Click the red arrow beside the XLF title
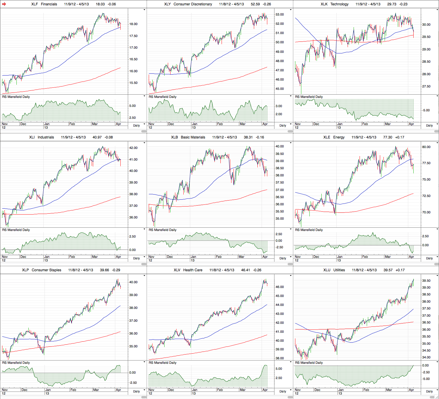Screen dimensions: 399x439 click(4, 4)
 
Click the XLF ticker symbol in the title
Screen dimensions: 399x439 click(35, 4)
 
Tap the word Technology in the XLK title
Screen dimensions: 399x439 click(339, 4)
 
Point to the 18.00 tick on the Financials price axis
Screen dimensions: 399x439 click(133, 24)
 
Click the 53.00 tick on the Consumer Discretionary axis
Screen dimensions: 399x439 click(280, 15)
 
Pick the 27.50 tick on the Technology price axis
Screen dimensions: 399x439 click(426, 87)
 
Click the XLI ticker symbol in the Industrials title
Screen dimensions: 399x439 click(32, 137)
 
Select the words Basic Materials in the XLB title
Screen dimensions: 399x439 click(193, 137)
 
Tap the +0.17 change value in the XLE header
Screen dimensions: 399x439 click(400, 137)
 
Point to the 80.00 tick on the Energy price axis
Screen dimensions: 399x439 click(426, 147)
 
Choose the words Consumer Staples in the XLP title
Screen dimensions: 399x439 click(46, 270)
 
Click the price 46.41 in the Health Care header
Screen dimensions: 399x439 click(245, 270)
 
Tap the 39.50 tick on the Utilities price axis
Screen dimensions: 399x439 click(426, 281)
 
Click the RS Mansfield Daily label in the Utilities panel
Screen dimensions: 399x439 click(309, 363)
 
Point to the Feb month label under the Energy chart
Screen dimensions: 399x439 click(365, 257)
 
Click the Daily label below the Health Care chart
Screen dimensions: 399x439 click(283, 391)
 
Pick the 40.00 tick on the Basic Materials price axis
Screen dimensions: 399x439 click(280, 147)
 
